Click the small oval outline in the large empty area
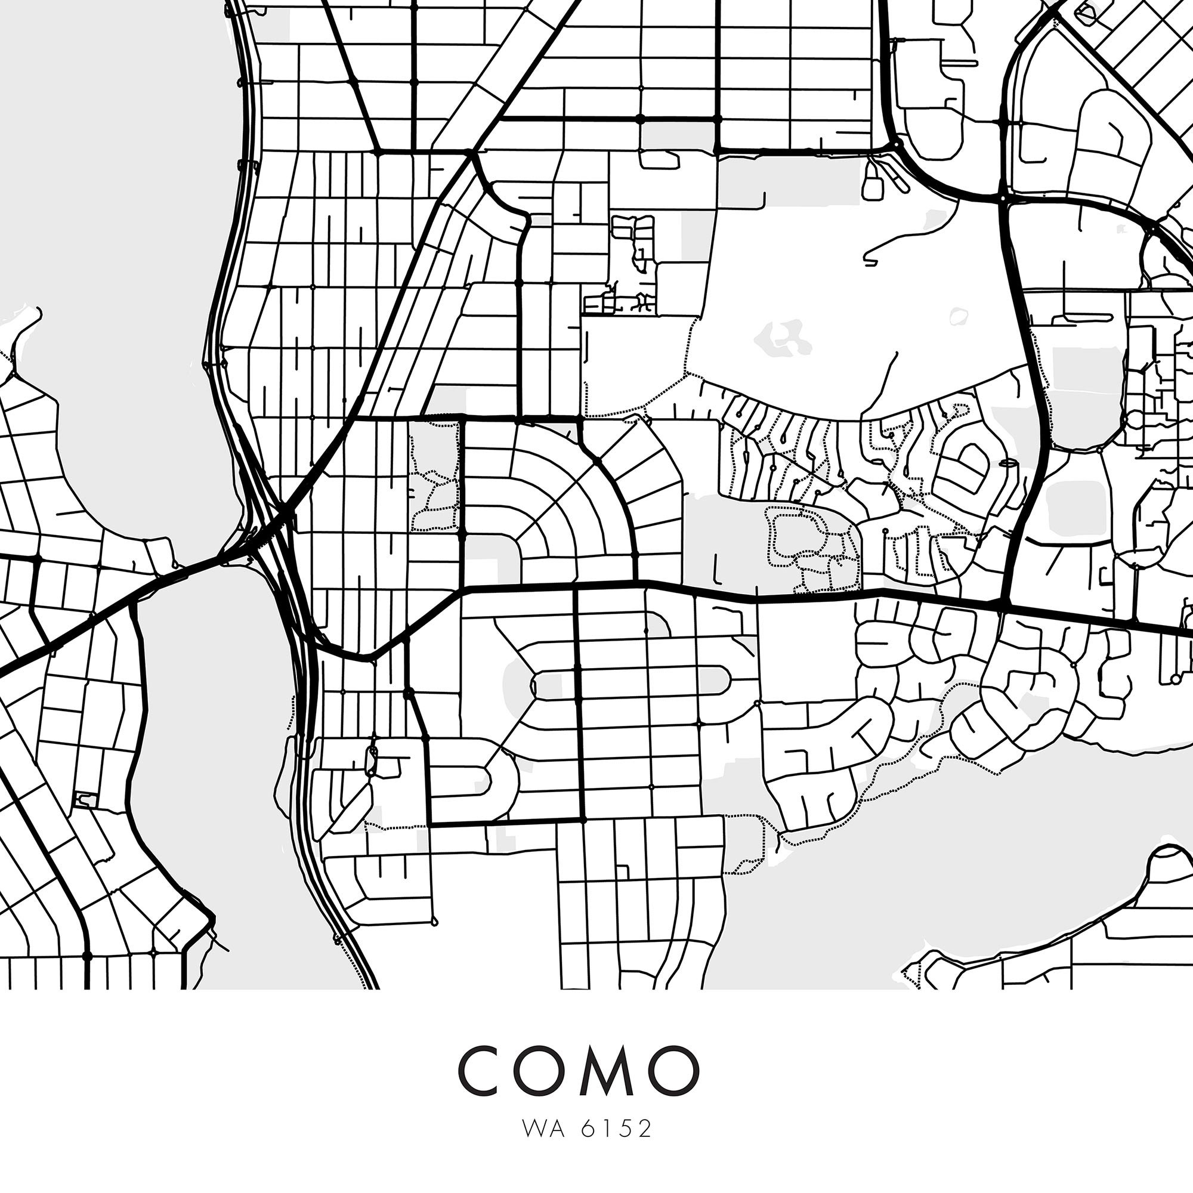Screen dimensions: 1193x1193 [958, 317]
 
